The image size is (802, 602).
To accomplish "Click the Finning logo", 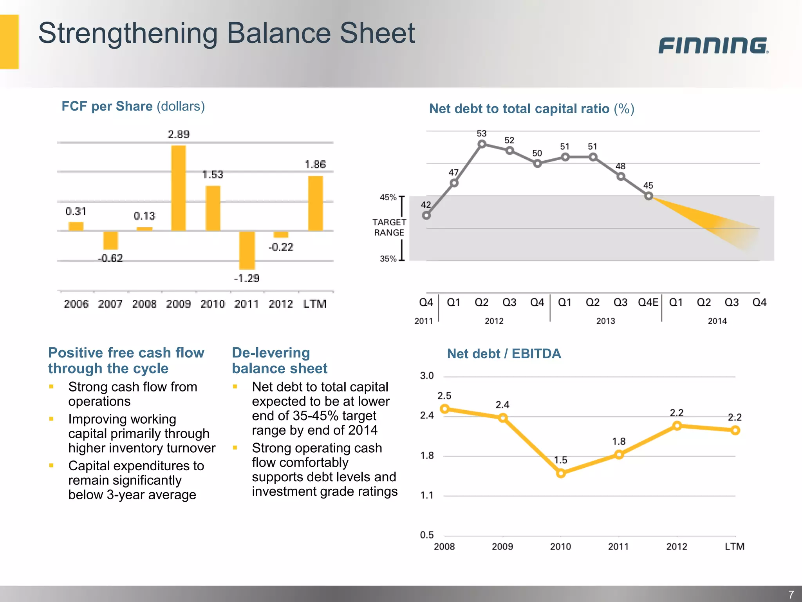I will [713, 45].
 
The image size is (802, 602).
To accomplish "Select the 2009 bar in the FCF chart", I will [179, 188].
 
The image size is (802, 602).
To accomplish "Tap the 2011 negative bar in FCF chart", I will [247, 250].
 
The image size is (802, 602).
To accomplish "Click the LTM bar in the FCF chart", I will [315, 203].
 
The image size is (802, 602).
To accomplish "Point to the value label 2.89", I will [179, 134].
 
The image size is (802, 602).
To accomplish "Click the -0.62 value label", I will [110, 258].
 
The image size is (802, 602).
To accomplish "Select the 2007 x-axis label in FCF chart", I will [110, 304].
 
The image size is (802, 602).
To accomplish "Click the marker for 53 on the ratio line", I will [482, 144].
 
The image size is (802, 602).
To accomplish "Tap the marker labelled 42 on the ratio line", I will [426, 215].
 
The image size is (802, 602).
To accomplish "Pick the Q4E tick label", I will [648, 302].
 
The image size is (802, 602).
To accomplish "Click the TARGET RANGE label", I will [389, 227].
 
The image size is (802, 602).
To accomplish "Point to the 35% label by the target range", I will [388, 259].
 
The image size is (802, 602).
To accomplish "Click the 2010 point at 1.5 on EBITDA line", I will [561, 473].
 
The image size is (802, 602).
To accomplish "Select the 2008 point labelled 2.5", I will [445, 409].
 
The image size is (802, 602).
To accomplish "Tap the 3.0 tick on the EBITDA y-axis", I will [427, 376].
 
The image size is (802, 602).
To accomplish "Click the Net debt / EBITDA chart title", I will [504, 354].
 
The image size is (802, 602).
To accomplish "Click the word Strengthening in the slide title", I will [128, 34].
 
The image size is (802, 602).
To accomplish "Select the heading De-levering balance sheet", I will [279, 360].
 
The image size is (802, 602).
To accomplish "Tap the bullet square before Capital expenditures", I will [51, 466].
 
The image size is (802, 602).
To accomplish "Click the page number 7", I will [791, 594].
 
